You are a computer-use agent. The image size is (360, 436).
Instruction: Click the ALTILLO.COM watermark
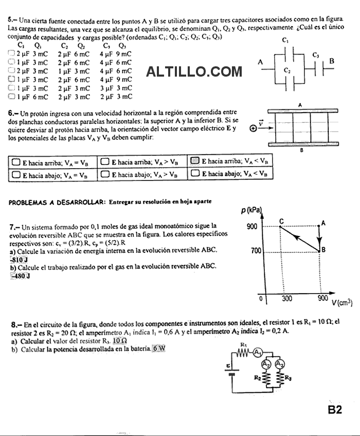coord(194,72)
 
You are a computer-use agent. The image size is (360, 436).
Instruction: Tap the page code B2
coord(334,409)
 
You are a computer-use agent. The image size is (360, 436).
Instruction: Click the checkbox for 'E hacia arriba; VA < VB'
coord(195,161)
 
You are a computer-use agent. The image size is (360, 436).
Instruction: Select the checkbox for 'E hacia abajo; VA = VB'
coord(16,174)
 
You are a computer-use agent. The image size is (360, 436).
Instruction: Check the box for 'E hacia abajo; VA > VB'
coord(104,174)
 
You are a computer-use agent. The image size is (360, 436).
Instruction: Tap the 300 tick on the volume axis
coord(286,298)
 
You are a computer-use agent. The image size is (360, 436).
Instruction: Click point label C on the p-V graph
coord(281,221)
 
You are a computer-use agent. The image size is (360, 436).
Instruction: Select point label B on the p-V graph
coord(323,249)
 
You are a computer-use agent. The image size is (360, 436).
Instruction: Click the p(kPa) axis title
coord(251,210)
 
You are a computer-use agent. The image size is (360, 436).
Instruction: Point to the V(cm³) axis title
coord(341,303)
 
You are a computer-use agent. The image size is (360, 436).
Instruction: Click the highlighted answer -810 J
coord(19,259)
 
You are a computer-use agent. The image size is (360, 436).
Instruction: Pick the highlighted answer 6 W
coord(159,349)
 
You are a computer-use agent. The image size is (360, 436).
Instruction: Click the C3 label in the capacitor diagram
coord(316,55)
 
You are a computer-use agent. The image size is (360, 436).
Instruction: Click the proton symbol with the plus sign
coord(253,129)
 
